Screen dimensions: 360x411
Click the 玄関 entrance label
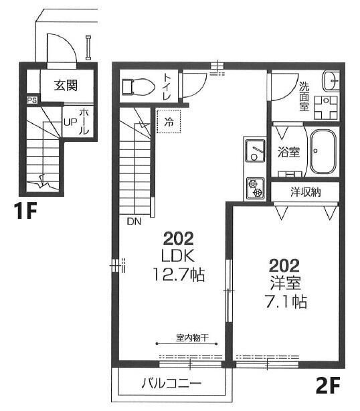tap(66, 85)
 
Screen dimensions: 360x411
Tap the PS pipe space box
tap(32, 100)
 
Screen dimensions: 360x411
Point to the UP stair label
tap(70, 122)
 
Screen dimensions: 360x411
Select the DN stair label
tap(134, 222)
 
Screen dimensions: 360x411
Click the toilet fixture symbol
tap(139, 86)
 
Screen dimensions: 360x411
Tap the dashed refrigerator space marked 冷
tap(169, 121)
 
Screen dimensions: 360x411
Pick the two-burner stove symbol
tap(255, 188)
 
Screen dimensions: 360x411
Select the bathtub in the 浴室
tap(323, 151)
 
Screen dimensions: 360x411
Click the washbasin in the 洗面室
tap(330, 81)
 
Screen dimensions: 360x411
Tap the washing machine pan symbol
tap(326, 108)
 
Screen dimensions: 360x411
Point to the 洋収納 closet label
tap(306, 192)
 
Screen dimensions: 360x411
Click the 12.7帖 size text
tap(179, 274)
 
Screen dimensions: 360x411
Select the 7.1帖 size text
tap(286, 301)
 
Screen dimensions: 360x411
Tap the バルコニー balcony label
tap(171, 384)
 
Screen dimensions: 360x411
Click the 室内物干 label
tap(192, 338)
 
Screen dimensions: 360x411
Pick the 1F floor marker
tap(25, 212)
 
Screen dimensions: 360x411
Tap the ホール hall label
tap(84, 121)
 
